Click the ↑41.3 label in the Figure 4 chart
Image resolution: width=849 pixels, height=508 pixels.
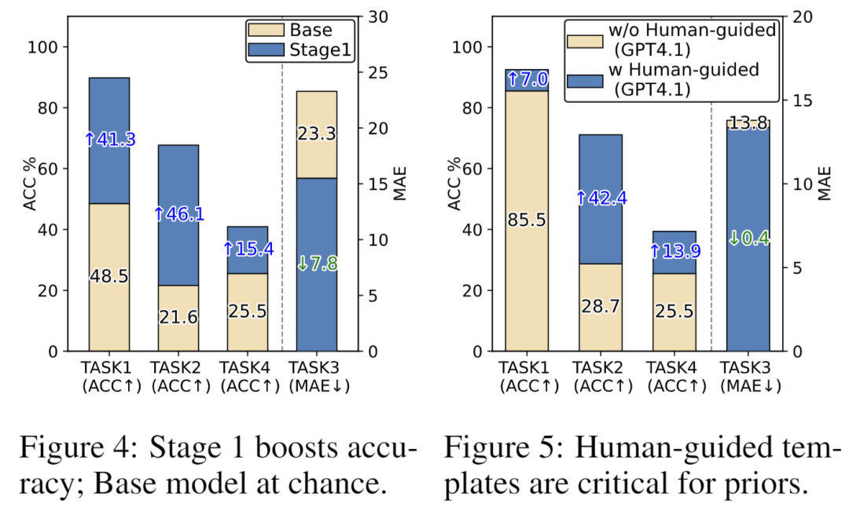(x=109, y=140)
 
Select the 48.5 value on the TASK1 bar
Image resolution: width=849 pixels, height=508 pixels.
(x=109, y=277)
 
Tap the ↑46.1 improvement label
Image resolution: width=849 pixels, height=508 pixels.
(x=178, y=213)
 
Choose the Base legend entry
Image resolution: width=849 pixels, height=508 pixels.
(x=311, y=31)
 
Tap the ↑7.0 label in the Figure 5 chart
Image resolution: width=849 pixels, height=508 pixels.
(x=527, y=79)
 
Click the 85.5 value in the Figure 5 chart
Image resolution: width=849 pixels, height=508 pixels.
(x=527, y=221)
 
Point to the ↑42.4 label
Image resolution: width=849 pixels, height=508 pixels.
(x=601, y=199)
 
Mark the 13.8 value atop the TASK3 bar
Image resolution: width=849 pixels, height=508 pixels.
(x=748, y=122)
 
